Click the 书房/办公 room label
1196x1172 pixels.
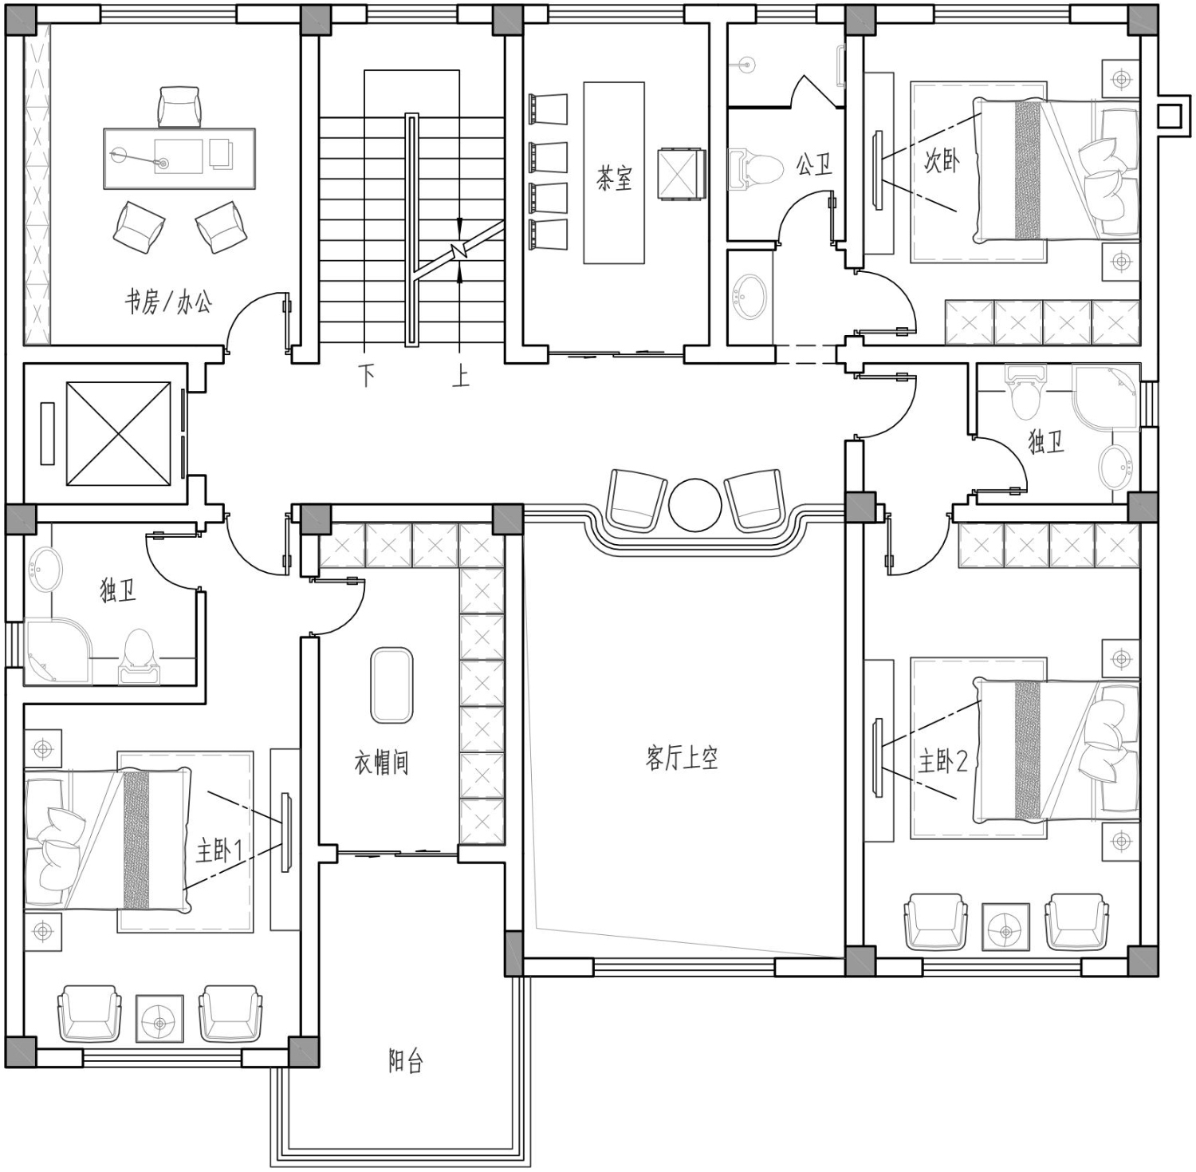coord(168,302)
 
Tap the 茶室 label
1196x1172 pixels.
coord(614,177)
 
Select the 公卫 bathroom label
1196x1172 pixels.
coord(814,165)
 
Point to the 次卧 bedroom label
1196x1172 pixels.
coord(942,162)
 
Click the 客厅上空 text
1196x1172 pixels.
coord(682,757)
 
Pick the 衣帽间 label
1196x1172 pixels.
coord(382,763)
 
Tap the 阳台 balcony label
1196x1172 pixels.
coord(406,1061)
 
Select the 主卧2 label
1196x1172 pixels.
coord(943,762)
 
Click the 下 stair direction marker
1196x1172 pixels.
coord(367,375)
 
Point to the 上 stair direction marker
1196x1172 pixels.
coord(461,375)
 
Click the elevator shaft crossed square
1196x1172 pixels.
coord(118,433)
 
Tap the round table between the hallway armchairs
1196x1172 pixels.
coord(695,504)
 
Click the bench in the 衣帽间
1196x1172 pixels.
coord(391,685)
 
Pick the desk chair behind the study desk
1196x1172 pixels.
coord(180,106)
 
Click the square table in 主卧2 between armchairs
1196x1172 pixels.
coord(1005,927)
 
